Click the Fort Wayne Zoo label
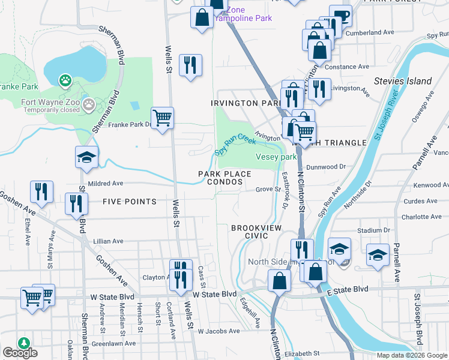(50, 102)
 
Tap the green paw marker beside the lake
(65, 80)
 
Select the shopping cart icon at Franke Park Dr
(162, 118)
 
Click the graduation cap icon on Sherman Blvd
(86, 157)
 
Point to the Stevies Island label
(402, 81)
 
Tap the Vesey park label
(276, 157)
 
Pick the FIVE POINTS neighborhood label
(129, 202)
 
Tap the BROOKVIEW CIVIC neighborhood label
(258, 232)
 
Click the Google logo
(20, 353)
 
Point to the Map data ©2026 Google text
(412, 355)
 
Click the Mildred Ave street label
(105, 184)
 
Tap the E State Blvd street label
(348, 289)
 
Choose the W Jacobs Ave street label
(218, 331)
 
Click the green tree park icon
(23, 343)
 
